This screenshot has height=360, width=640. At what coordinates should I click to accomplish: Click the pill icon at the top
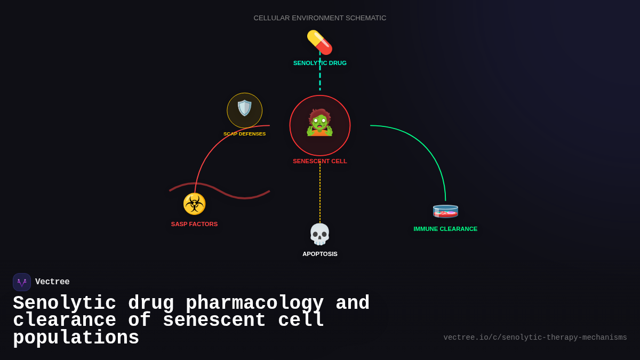[319, 42]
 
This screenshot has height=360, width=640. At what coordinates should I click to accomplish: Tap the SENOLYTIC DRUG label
[319, 63]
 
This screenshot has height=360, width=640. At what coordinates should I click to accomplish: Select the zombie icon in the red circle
[319, 123]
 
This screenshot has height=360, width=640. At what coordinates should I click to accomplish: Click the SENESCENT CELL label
[319, 161]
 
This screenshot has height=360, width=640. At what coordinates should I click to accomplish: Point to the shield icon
[244, 108]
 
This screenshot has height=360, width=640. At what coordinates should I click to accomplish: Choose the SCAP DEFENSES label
[244, 134]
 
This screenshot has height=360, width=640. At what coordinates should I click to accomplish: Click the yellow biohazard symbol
[194, 204]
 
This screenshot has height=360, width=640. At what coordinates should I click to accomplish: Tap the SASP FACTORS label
[194, 224]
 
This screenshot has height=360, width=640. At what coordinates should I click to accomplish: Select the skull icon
[319, 234]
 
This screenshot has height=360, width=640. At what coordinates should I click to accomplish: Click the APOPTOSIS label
[319, 254]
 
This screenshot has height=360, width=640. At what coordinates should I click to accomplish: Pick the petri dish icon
[445, 211]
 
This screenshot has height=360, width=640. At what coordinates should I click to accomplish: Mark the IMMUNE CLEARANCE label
[445, 229]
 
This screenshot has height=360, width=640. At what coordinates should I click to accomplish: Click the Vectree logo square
[22, 282]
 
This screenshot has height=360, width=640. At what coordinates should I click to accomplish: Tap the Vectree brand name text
[52, 282]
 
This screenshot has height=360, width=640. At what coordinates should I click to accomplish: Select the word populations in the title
[76, 338]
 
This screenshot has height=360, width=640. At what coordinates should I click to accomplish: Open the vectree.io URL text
[535, 338]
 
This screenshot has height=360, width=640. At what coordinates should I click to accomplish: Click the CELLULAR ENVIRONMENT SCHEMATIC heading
[319, 18]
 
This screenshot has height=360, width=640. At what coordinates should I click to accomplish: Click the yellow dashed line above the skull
[320, 192]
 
